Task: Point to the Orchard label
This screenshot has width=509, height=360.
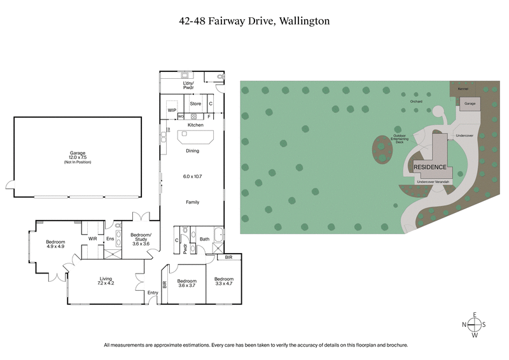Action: (x=416, y=101)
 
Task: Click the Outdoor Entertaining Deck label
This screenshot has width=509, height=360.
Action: (x=399, y=139)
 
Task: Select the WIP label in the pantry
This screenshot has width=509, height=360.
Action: (x=172, y=110)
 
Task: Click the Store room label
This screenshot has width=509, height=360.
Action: (x=195, y=103)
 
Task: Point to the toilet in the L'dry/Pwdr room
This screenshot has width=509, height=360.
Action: (x=220, y=77)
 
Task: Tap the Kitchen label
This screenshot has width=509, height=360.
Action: (x=195, y=125)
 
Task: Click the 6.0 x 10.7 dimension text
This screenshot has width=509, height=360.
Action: (x=192, y=176)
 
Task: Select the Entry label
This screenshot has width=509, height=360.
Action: (x=153, y=293)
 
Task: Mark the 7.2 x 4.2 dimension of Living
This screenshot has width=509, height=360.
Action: (x=106, y=283)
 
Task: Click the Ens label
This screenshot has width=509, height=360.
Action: (x=109, y=239)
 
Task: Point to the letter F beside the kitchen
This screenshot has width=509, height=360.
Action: (x=209, y=117)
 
